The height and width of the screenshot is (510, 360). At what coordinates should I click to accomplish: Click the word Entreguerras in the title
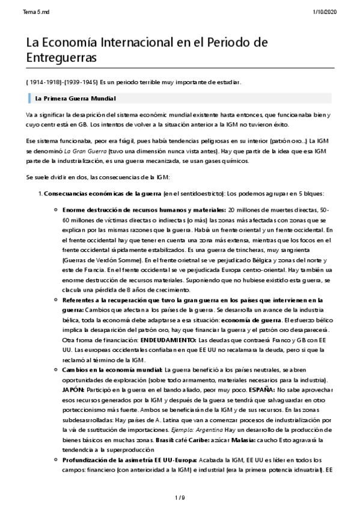(x=61, y=57)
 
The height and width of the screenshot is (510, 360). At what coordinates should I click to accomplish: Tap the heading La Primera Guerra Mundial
(x=75, y=97)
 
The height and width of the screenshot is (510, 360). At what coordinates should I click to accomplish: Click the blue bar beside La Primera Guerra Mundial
(x=29, y=97)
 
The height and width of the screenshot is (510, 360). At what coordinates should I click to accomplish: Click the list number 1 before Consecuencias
(x=40, y=194)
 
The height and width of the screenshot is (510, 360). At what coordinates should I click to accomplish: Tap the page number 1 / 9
(x=180, y=497)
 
